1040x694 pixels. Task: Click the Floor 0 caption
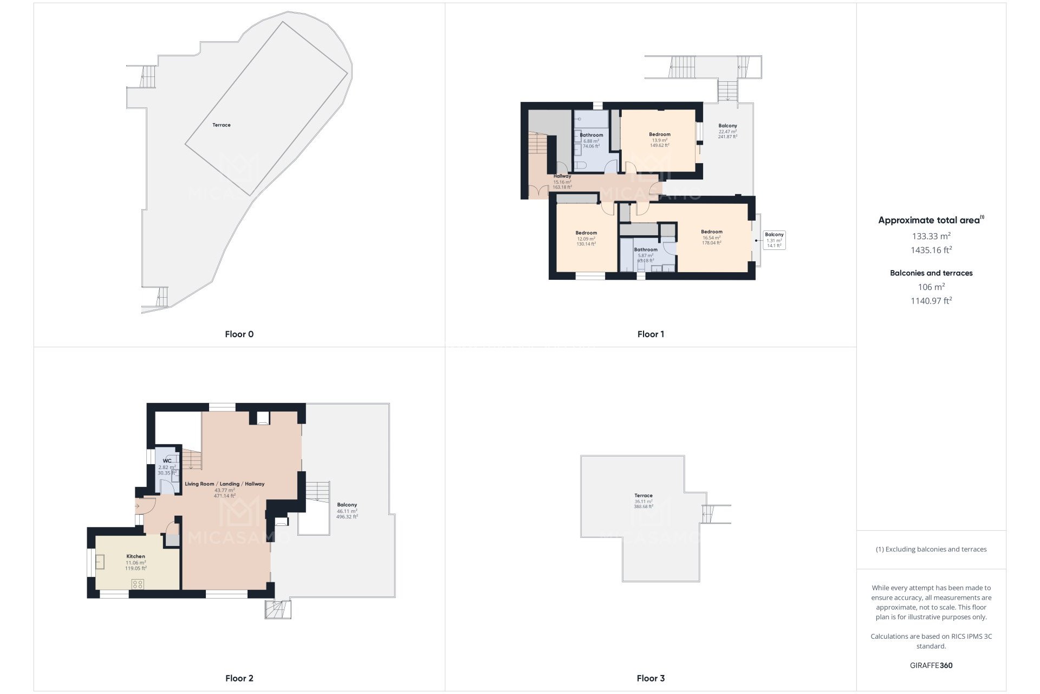[x=239, y=334]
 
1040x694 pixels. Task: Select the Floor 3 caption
[x=651, y=678]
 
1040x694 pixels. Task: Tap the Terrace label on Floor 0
[x=221, y=125]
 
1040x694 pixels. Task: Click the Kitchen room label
[x=135, y=556]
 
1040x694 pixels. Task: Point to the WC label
[x=167, y=461]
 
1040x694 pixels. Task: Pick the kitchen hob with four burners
[x=138, y=584]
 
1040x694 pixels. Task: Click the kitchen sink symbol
[x=100, y=562]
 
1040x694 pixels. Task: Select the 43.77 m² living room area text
[x=224, y=490]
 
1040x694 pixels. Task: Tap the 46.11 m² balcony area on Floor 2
[x=347, y=511]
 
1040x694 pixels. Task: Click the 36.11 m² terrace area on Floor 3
[x=643, y=502]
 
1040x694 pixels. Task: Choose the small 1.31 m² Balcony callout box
[x=774, y=240]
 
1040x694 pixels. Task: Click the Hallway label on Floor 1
[x=562, y=176]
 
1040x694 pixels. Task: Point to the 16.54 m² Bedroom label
[x=711, y=232]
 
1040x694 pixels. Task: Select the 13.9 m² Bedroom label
[x=659, y=134]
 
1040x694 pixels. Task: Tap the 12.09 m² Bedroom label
[x=586, y=233]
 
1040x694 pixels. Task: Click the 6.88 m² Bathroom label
[x=591, y=135]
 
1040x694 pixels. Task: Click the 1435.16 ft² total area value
[x=931, y=250]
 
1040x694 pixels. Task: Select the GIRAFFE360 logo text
[x=931, y=665]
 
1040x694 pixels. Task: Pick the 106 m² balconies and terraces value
[x=931, y=287]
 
